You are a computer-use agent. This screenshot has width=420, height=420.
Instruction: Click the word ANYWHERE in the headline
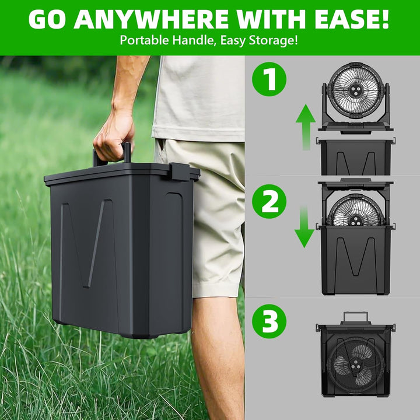click(151, 19)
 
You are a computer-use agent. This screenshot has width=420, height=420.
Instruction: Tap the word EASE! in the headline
click(352, 19)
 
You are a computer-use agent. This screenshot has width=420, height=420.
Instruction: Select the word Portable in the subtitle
click(145, 40)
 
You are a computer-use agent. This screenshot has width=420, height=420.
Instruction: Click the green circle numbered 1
click(269, 79)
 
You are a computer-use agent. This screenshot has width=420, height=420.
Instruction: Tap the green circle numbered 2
click(269, 201)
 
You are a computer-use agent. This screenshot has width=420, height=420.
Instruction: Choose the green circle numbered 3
click(269, 321)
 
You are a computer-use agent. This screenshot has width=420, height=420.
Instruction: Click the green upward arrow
click(306, 127)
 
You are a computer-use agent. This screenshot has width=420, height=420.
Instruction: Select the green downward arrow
click(304, 226)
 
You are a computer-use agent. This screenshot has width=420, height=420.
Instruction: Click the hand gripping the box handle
click(114, 139)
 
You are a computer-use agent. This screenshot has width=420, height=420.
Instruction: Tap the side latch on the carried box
click(180, 171)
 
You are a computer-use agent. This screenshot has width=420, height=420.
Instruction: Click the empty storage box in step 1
click(356, 156)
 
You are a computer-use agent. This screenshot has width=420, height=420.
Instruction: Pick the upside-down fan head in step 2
click(355, 210)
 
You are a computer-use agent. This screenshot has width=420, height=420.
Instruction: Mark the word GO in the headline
click(47, 19)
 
